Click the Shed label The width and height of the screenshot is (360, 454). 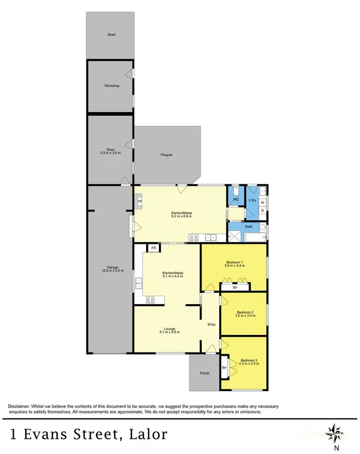pyautogui.click(x=111, y=35)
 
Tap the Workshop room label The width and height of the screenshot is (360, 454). pyautogui.click(x=111, y=86)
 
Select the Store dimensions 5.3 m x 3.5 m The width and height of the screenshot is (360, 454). pyautogui.click(x=110, y=153)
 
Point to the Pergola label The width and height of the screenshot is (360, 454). pyautogui.click(x=166, y=155)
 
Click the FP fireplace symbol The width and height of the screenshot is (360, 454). pyautogui.click(x=139, y=202)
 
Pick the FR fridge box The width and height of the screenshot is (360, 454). pyautogui.click(x=154, y=248)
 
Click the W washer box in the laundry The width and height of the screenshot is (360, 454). pyautogui.click(x=262, y=203)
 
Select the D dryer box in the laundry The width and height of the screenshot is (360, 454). pyautogui.click(x=262, y=210)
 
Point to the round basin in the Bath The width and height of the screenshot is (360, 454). pyautogui.click(x=263, y=227)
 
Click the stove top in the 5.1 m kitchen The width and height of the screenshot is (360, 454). pyautogui.click(x=150, y=300)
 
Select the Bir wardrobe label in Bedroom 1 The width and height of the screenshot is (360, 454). pyautogui.click(x=235, y=288)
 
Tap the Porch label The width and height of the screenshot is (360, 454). pyautogui.click(x=205, y=373)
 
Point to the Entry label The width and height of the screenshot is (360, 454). pyautogui.click(x=211, y=324)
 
